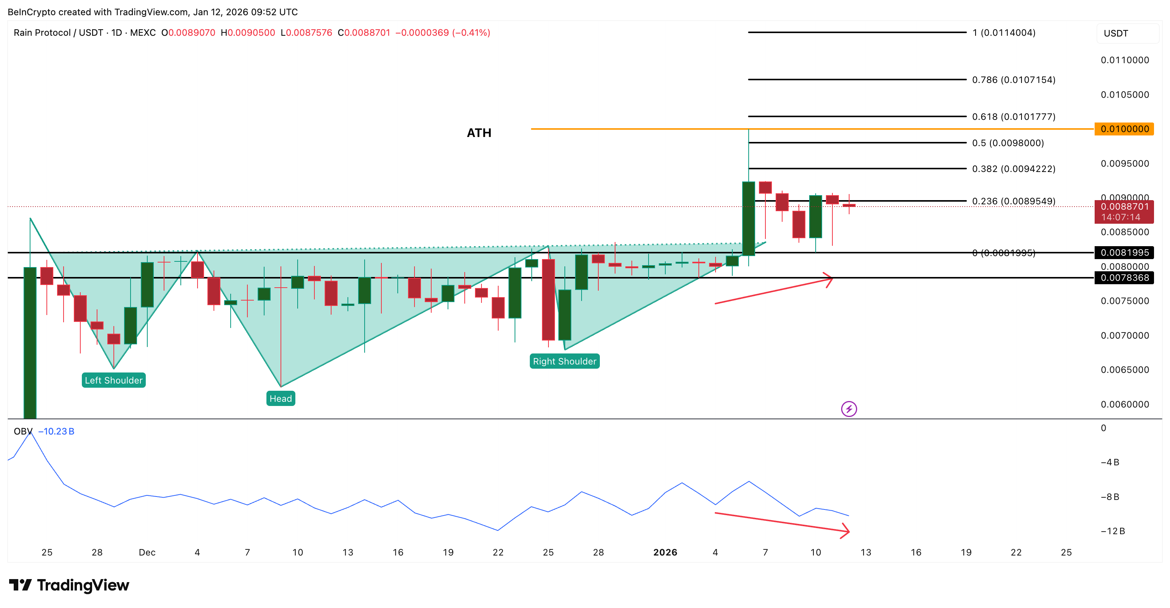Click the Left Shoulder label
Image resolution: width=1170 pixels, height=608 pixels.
coord(113,380)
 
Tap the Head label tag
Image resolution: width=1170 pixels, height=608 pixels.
coord(281,399)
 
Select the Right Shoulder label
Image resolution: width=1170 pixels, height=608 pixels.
coord(564,361)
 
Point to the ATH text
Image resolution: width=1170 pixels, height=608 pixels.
coord(479,133)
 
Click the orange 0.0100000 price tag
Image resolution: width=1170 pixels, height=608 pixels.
coord(1124,129)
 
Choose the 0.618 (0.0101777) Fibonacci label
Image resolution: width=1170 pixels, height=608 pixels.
coord(1013,117)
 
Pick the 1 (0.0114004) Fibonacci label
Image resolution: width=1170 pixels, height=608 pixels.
coord(1004,33)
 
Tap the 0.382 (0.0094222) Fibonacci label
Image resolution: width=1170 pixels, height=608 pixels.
coord(1013,169)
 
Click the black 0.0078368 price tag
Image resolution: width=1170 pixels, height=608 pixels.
coord(1124,278)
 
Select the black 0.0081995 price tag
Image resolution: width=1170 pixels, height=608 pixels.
coord(1124,253)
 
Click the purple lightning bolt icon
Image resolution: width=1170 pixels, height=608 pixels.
coord(849,409)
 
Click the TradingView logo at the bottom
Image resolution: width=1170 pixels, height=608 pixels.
coord(69,585)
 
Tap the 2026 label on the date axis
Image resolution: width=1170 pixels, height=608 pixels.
coord(665,552)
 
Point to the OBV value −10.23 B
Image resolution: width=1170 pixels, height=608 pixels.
coord(56,431)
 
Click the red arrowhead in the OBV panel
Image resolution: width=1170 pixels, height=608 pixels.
coord(845,531)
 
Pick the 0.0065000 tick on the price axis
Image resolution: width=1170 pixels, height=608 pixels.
coord(1125,369)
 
